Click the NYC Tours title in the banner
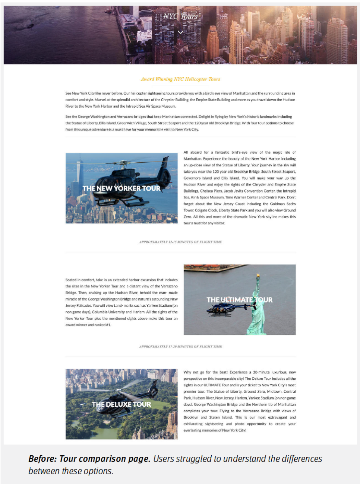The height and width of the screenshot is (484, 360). click(x=180, y=16)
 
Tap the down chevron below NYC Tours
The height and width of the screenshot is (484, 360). click(x=180, y=32)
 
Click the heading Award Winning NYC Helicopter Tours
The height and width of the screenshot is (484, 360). click(x=180, y=79)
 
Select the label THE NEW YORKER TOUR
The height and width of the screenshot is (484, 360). click(x=121, y=188)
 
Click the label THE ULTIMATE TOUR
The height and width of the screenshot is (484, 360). click(x=239, y=300)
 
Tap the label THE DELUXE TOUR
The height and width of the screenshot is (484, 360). click(x=121, y=404)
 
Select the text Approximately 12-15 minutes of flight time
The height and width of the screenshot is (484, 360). click(x=180, y=242)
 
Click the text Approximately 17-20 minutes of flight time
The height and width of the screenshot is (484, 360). click(x=180, y=347)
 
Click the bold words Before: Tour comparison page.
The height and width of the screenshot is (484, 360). click(x=89, y=459)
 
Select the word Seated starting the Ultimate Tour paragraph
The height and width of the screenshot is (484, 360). click(x=71, y=280)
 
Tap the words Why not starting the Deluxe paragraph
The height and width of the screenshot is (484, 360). click(x=191, y=372)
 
